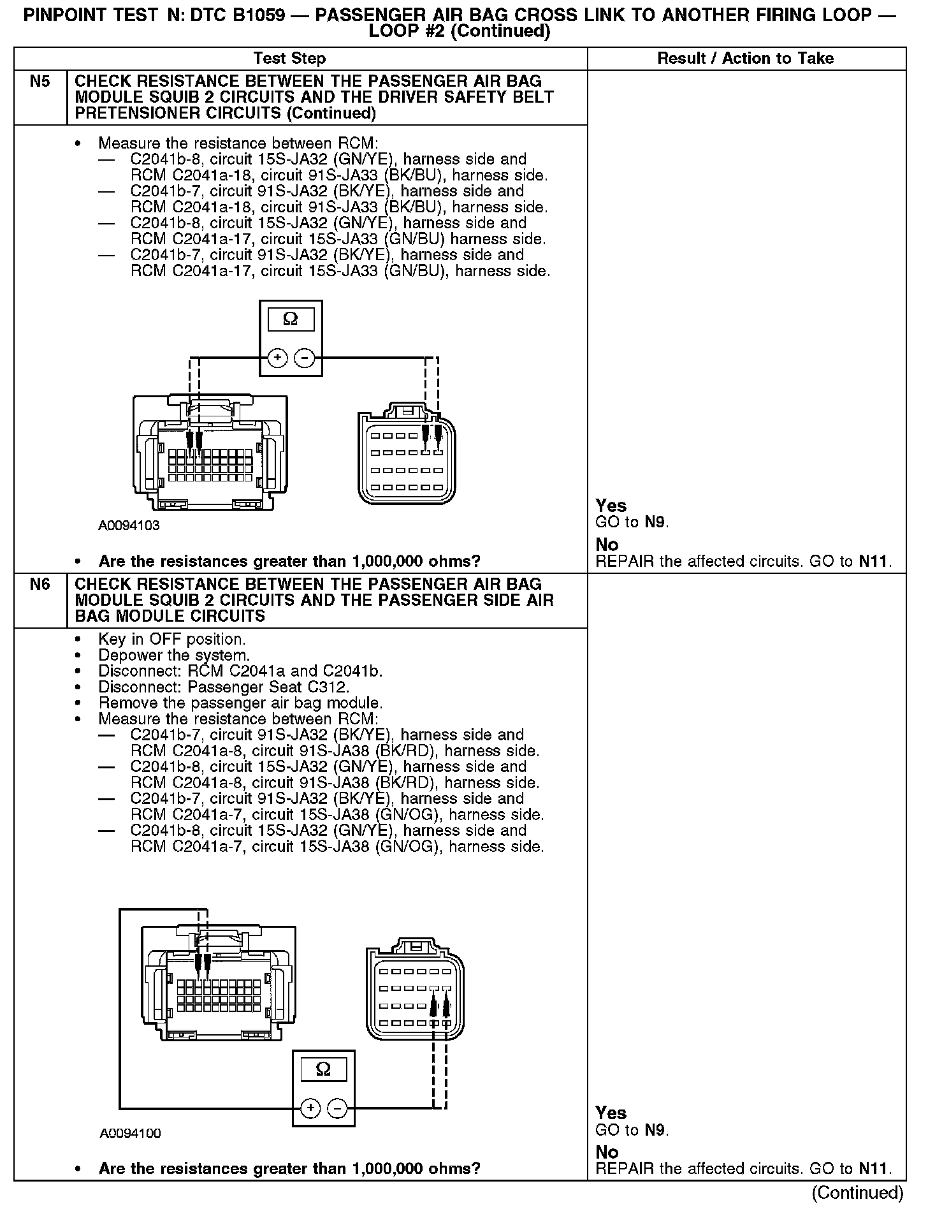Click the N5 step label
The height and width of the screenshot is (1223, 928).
pos(40,82)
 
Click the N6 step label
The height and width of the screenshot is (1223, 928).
pos(40,584)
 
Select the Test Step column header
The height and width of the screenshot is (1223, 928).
pos(289,59)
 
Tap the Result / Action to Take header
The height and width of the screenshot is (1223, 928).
pos(745,59)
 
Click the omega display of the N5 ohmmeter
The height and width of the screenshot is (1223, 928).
pos(291,319)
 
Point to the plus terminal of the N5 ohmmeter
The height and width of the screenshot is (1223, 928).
pos(277,358)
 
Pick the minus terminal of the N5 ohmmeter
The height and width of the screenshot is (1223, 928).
pos(305,358)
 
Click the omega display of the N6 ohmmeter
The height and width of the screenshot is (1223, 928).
pos(323,1069)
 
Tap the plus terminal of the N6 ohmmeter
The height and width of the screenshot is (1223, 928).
pos(310,1109)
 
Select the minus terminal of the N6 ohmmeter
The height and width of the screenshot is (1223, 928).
pos(337,1109)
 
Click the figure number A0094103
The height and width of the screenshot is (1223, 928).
pos(129,526)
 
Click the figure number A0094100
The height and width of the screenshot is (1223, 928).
pos(130,1133)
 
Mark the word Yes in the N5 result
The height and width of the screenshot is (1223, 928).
pos(611,506)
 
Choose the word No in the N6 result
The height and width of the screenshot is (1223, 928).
pos(607,1152)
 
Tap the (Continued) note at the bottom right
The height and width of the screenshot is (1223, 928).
pos(857,1192)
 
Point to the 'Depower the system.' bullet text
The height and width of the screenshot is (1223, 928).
pos(174,655)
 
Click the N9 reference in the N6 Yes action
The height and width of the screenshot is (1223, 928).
pos(655,1131)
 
